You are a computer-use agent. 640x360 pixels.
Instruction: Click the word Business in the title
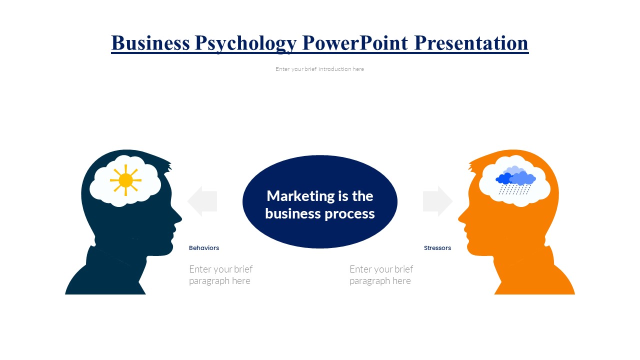150,43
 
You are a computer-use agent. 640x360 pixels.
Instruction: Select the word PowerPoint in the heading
355,43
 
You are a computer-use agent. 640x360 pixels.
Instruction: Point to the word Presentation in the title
471,43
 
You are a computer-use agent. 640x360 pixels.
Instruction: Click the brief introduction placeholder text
319,69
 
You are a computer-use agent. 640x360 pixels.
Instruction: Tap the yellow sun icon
125,180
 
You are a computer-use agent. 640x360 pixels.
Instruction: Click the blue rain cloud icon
515,180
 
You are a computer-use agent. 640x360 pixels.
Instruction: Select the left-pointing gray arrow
202,201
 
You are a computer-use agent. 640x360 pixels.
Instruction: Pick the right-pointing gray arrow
437,201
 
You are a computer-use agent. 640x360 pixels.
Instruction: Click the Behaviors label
204,248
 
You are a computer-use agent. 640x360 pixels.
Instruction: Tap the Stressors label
437,248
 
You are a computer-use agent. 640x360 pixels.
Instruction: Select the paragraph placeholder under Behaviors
221,275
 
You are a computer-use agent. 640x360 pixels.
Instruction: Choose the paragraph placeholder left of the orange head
381,275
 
